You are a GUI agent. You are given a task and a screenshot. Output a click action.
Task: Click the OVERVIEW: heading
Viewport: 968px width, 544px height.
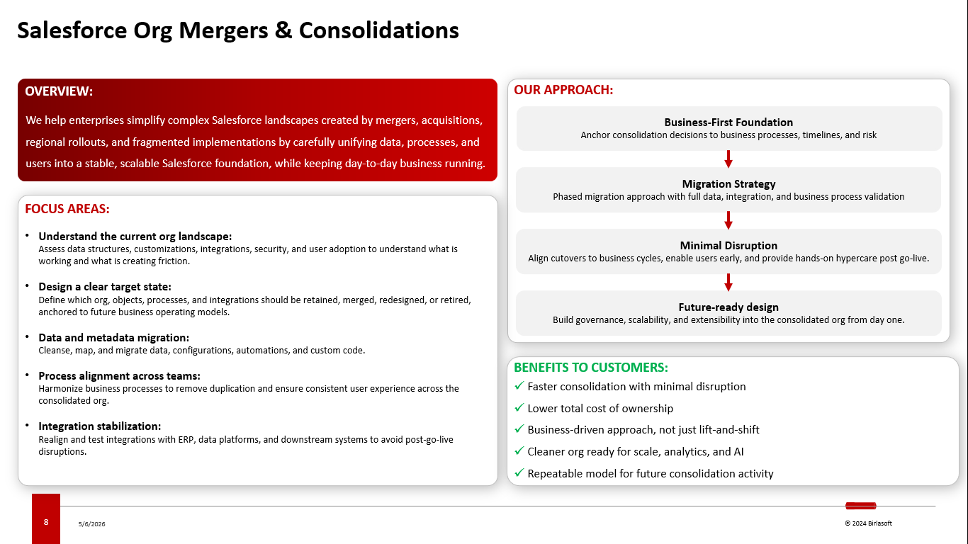coord(59,91)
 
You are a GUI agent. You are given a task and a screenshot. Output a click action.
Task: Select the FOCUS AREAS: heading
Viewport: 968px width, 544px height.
coord(67,209)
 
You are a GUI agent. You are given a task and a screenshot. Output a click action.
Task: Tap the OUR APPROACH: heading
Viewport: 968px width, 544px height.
coord(563,89)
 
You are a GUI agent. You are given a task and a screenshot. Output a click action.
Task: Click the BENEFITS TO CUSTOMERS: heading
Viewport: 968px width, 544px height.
coord(591,368)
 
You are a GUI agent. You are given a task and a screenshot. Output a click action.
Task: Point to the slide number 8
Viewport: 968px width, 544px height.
coord(46,522)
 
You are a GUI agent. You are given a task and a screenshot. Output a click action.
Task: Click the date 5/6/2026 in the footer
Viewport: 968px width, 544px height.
coord(91,523)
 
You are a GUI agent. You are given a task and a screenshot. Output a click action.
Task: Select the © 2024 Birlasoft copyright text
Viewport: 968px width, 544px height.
coord(868,523)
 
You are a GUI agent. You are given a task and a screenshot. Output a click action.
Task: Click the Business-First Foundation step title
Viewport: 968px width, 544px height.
coord(728,123)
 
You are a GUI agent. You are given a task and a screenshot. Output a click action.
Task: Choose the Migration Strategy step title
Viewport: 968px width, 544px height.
coord(728,184)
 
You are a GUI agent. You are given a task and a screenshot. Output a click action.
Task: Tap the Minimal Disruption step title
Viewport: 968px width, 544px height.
coord(728,245)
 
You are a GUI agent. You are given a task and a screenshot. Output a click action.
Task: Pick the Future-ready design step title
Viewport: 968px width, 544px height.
coord(728,307)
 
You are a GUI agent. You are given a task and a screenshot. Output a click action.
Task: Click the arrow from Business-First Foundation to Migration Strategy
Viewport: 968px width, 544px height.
coord(728,159)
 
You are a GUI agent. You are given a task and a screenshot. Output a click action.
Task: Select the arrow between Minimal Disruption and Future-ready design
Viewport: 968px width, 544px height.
coord(728,282)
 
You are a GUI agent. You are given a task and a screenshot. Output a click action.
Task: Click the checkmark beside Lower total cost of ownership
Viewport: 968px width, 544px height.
coord(519,407)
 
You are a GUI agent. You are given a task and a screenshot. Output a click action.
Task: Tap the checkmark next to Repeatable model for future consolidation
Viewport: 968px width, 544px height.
coord(519,472)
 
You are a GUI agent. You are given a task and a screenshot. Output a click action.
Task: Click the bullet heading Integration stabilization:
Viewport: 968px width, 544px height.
coord(100,426)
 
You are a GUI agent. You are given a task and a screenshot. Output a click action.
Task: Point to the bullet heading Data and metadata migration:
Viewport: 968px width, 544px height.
coord(113,338)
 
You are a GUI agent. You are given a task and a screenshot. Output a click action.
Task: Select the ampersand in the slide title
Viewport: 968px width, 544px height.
coord(283,30)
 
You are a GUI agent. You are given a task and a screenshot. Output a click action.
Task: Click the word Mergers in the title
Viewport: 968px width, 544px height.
coord(223,31)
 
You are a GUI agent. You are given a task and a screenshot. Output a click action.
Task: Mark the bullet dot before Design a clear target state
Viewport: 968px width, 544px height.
coord(27,285)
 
